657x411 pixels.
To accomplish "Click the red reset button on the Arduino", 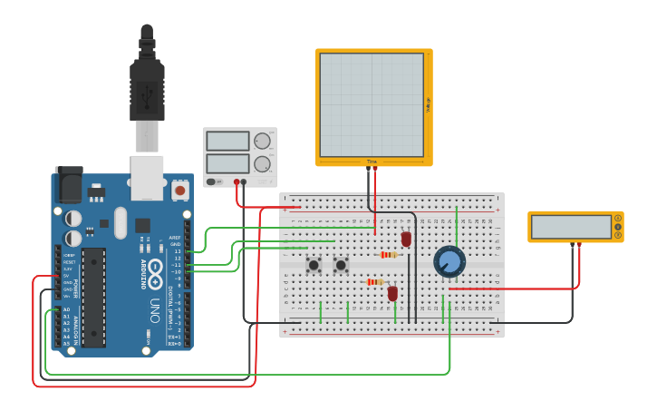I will pos(180,191).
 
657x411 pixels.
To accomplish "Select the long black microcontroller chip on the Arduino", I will pos(93,297).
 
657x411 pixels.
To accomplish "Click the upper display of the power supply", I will pos(227,141).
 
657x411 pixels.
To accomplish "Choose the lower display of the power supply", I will pos(227,164).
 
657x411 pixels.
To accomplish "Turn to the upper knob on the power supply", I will pos(263,141).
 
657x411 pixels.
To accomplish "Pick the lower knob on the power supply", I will pos(263,164).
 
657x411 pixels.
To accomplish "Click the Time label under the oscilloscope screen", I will pos(372,161).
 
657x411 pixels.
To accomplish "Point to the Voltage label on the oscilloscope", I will pos(428,105).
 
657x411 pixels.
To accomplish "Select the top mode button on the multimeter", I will pos(618,218).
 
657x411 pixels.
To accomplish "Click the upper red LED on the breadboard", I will pos(406,239).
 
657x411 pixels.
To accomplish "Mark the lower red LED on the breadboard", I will pos(392,293).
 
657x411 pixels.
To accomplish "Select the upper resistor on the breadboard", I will pos(389,255).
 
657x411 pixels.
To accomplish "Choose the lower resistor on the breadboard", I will pos(375,282).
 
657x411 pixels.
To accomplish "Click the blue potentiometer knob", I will pos(448,262).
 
